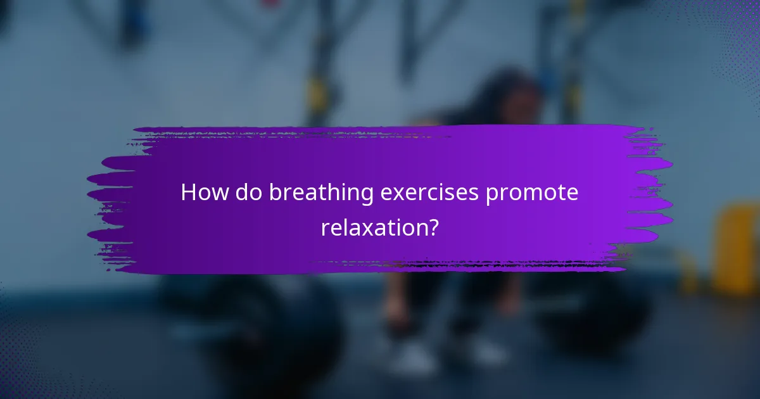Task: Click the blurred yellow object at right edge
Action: click(x=738, y=247)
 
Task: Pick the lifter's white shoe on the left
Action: click(x=412, y=358)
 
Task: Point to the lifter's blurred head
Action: click(x=507, y=95)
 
